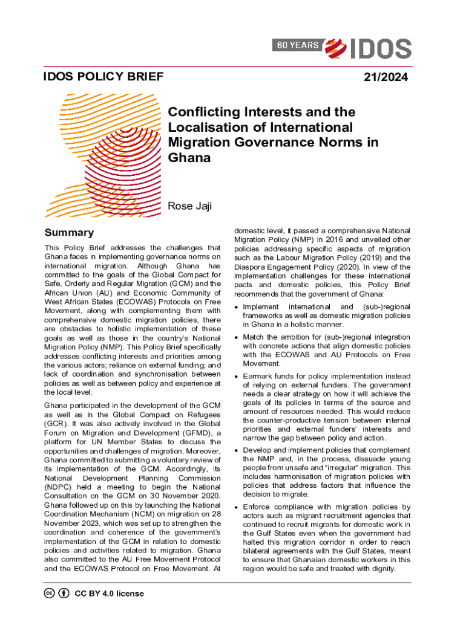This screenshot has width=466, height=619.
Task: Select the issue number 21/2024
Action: pyautogui.click(x=386, y=77)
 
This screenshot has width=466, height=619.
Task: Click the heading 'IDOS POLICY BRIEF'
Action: pyautogui.click(x=103, y=77)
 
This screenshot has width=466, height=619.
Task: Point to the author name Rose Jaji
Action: pyautogui.click(x=189, y=207)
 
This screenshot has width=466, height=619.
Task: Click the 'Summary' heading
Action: pyautogui.click(x=69, y=233)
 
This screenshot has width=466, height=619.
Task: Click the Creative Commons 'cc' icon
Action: pyautogui.click(x=50, y=593)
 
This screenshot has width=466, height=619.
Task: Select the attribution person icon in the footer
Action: pyautogui.click(x=64, y=593)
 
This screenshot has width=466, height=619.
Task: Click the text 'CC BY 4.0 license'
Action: pyautogui.click(x=109, y=593)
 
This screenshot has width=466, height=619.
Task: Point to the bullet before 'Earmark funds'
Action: pyautogui.click(x=236, y=376)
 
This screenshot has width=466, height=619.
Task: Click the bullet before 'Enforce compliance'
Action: pyautogui.click(x=236, y=507)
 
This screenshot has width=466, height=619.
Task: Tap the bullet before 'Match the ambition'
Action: pyautogui.click(x=236, y=337)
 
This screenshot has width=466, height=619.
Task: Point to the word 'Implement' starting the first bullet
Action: pyautogui.click(x=261, y=307)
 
